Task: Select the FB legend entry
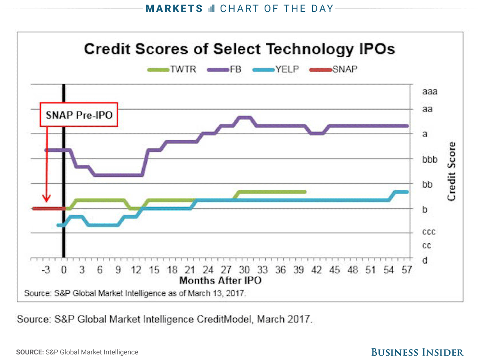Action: [x=224, y=69]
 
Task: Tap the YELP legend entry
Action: [x=276, y=69]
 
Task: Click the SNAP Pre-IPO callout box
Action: [x=79, y=115]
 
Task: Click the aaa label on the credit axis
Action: [x=430, y=91]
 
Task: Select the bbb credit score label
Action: [x=430, y=159]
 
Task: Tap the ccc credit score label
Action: [x=429, y=232]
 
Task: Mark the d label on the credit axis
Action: [x=425, y=260]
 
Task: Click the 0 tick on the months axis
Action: [x=64, y=270]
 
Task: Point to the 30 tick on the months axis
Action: [x=244, y=270]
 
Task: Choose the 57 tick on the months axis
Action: [x=406, y=270]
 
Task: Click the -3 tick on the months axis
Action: [x=45, y=270]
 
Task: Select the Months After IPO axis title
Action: [x=220, y=280]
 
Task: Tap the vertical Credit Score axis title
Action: [x=451, y=171]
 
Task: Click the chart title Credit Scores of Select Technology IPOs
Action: [x=239, y=49]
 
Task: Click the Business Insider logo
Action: [x=417, y=352]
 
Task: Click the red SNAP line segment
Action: [x=48, y=208]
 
